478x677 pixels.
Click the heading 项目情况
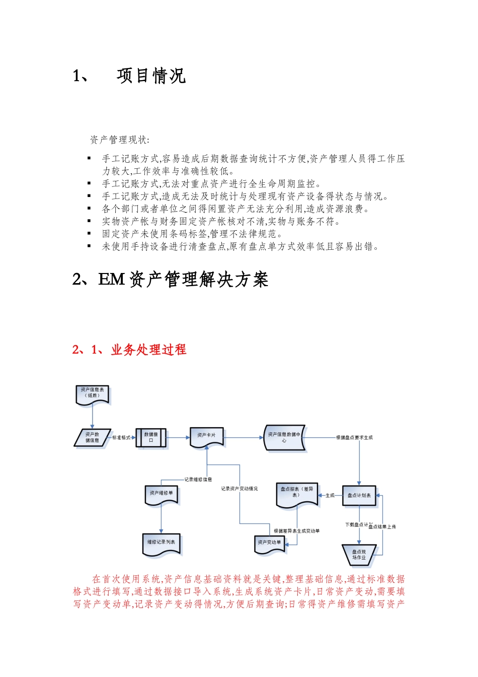click(151, 76)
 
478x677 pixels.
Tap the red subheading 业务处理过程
click(148, 350)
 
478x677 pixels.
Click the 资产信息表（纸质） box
click(93, 393)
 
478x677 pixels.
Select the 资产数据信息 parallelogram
click(92, 437)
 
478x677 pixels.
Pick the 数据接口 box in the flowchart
click(151, 437)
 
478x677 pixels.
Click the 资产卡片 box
click(206, 436)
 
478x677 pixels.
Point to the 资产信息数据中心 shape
click(284, 437)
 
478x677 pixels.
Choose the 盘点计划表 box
click(359, 496)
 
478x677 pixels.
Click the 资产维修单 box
click(161, 494)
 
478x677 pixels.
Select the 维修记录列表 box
click(161, 543)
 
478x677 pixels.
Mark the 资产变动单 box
click(270, 544)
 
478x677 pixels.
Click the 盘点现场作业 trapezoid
click(359, 555)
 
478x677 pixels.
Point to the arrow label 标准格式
click(121, 438)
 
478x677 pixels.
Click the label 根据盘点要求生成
click(355, 438)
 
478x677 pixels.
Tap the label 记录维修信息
click(198, 480)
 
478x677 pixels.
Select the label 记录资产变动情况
click(239, 489)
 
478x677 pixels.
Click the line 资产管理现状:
click(119, 140)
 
